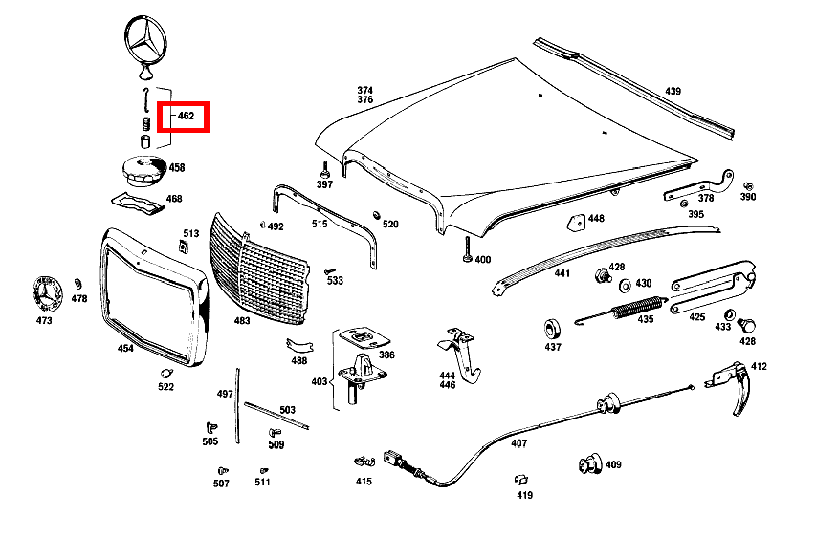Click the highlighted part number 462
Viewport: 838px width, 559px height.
pos(186,116)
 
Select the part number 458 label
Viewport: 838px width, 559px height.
pos(177,168)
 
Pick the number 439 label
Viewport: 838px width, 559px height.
pos(673,92)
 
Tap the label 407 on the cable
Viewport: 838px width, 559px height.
pos(518,443)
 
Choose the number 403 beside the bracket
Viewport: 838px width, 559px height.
pos(319,380)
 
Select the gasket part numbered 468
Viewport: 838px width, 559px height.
pos(137,203)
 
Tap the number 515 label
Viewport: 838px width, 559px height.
pos(319,225)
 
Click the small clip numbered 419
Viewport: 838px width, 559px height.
pos(521,480)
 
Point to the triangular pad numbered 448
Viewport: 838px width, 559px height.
pos(575,221)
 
